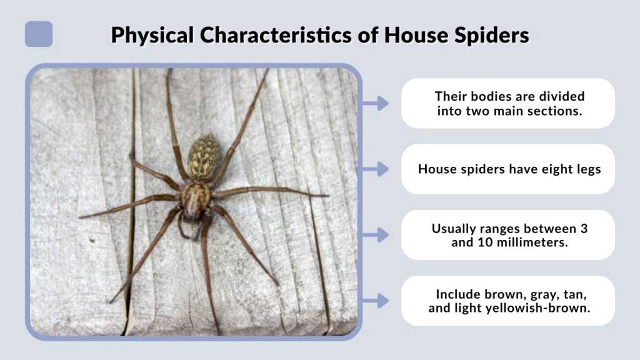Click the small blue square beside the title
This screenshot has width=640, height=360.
[39, 34]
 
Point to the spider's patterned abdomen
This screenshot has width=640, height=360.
[204, 157]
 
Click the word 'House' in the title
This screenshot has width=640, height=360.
[409, 35]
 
